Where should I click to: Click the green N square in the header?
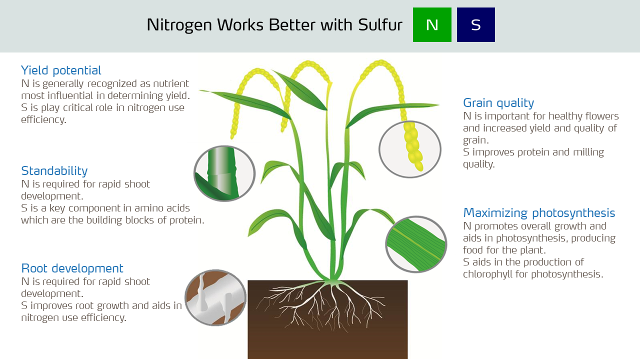coord(432,24)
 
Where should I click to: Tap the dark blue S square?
coord(475,24)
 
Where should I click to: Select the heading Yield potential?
coord(61,70)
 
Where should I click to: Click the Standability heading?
coord(54,171)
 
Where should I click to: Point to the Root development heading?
coord(72,268)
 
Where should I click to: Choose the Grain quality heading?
coord(498,102)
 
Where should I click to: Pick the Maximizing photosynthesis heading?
coord(539,212)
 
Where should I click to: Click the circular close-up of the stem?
coord(224,173)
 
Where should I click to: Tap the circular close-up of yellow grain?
coord(410,149)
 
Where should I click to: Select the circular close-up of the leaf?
coord(416,244)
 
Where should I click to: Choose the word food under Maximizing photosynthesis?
coord(473,250)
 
